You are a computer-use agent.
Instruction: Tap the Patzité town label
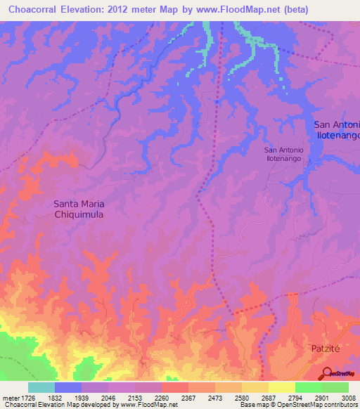(325, 348)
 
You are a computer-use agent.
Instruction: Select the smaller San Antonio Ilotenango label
(283, 155)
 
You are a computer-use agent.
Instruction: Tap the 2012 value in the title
(136, 8)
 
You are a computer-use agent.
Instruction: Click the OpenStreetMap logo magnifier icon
(328, 372)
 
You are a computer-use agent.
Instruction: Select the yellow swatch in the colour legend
(281, 387)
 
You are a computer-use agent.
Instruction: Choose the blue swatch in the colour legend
(67, 387)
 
